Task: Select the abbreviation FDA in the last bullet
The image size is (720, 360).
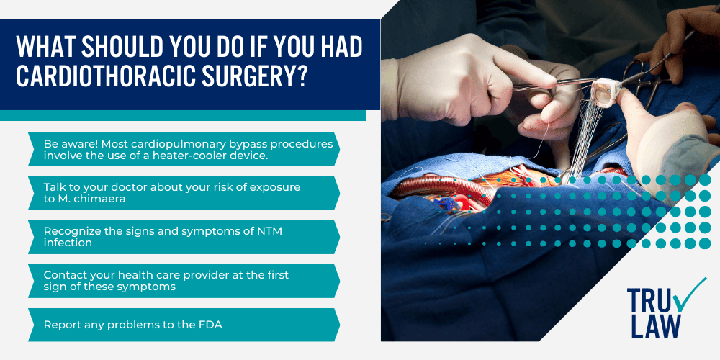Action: (x=212, y=325)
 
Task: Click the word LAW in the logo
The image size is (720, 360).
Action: (x=654, y=325)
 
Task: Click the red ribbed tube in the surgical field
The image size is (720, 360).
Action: (x=441, y=188)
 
